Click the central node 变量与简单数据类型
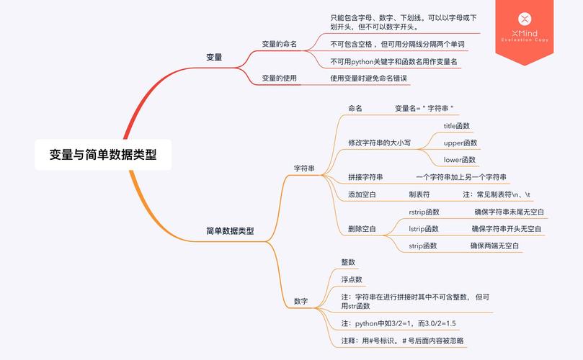point(103,154)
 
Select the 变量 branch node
point(214,57)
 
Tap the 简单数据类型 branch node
point(230,231)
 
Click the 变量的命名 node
point(279,44)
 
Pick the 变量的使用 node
point(279,78)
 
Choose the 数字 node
point(301,301)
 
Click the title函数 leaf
point(456,126)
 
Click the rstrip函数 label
point(424,212)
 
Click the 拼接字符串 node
point(365,177)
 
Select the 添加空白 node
point(362,194)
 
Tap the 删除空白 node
point(362,228)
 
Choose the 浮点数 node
point(352,279)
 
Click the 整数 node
point(348,262)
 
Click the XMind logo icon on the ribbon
point(525,18)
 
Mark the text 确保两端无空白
point(495,246)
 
